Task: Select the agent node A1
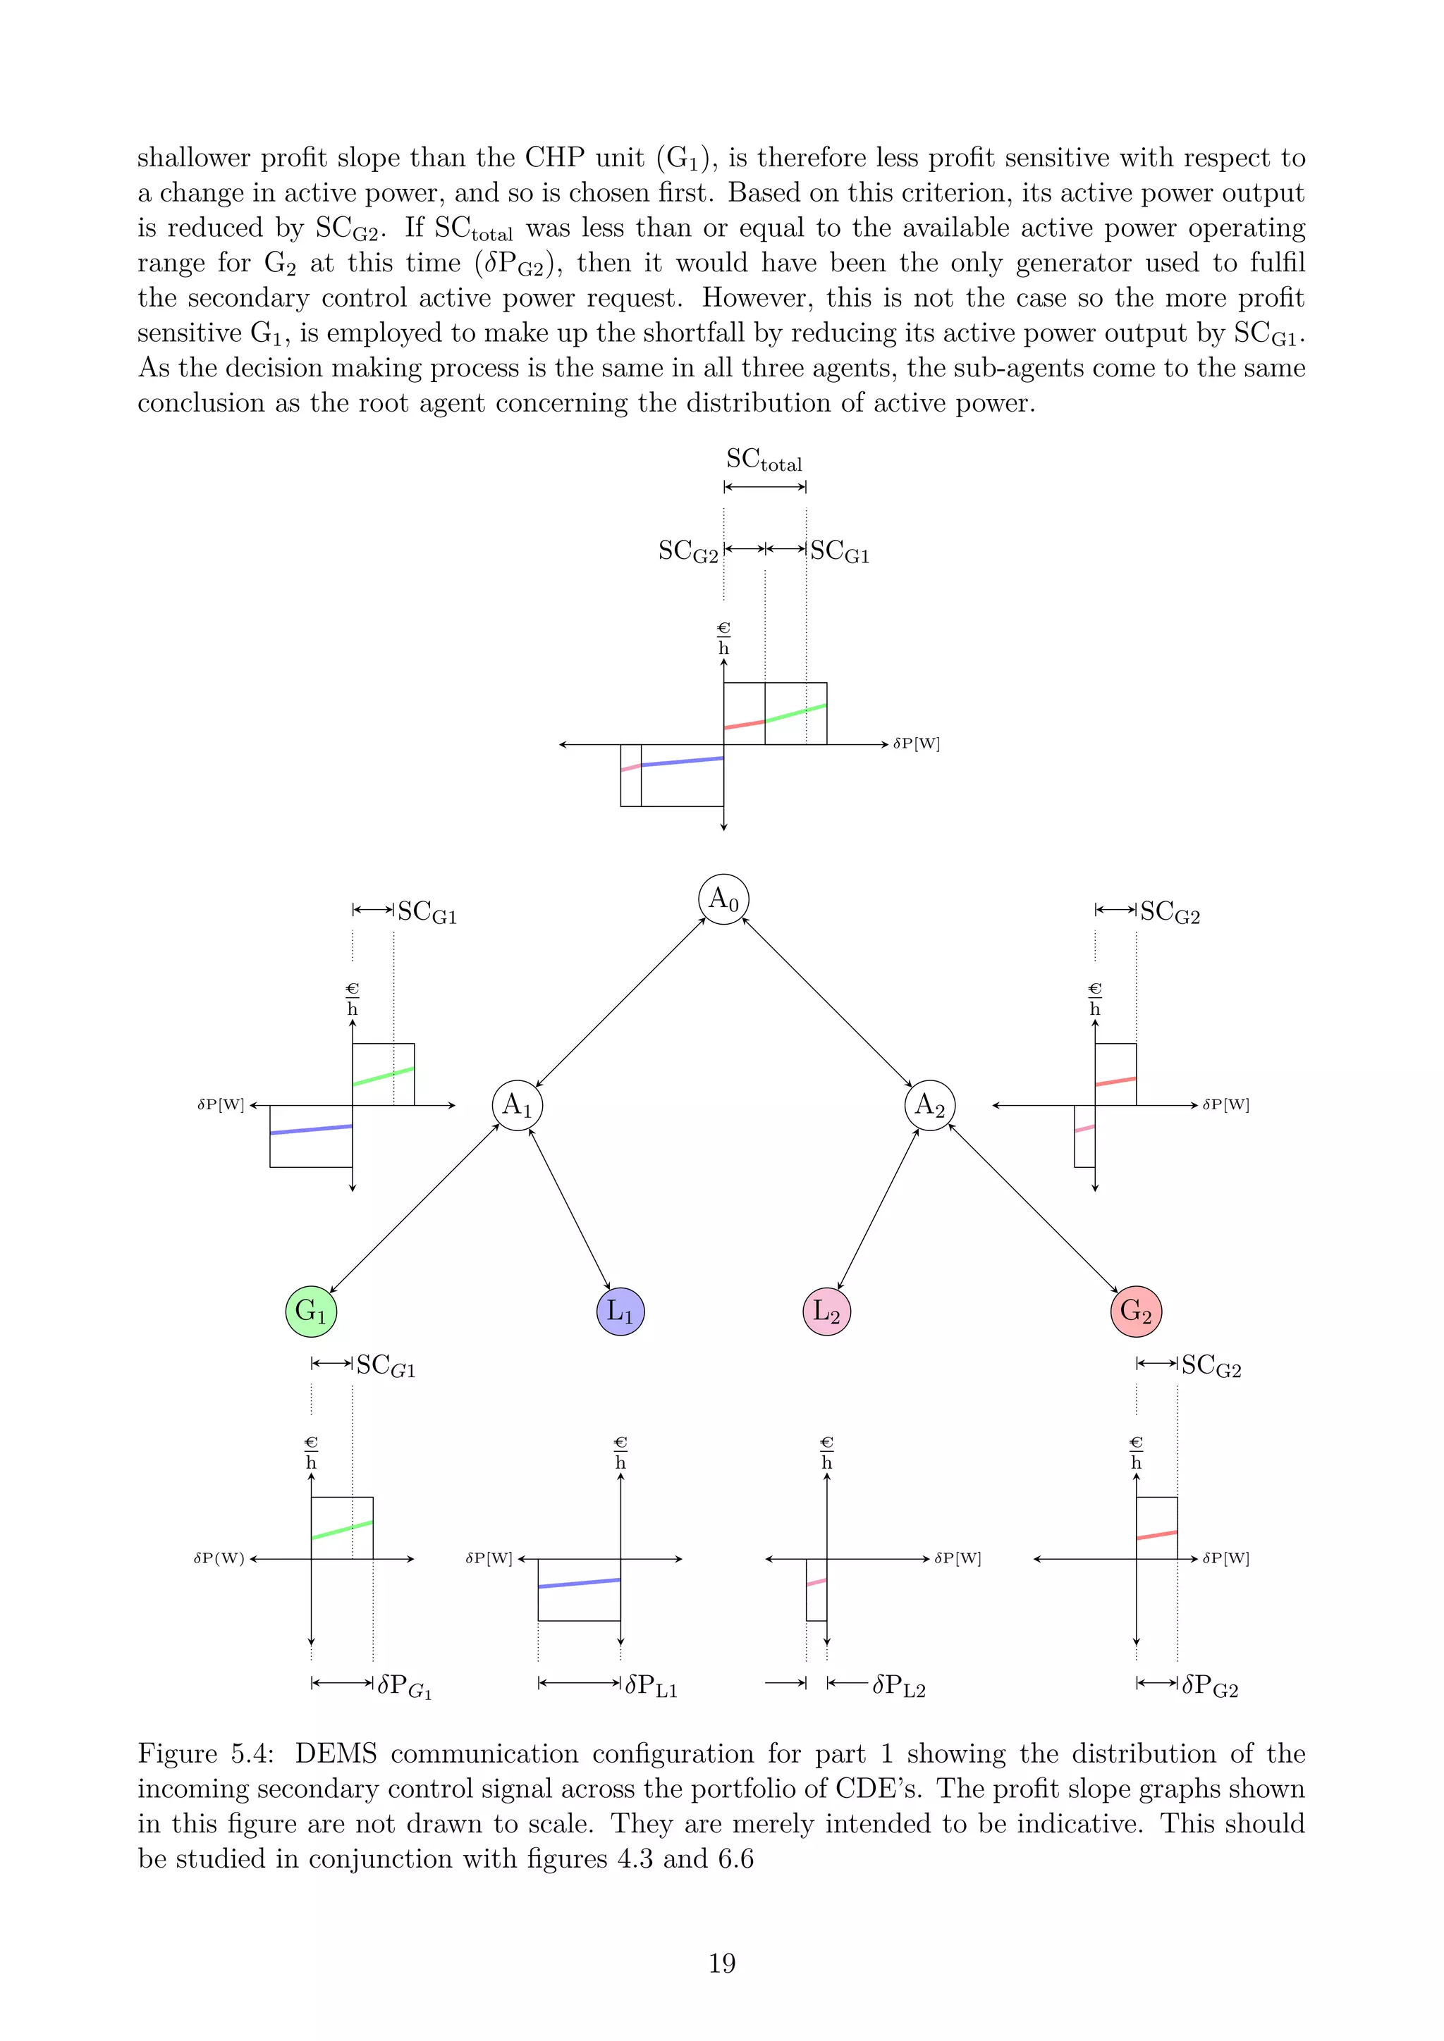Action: coord(518,1105)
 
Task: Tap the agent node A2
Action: coord(930,1105)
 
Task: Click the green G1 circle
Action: coord(311,1311)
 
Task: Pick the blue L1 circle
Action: coord(620,1311)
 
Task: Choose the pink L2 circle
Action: coord(827,1311)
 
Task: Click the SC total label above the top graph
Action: coord(764,460)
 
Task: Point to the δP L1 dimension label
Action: coord(651,1685)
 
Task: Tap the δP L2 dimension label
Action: coord(899,1685)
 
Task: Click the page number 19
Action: coord(722,1963)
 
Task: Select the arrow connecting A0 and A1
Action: coord(620,1002)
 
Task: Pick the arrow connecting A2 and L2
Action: coord(879,1208)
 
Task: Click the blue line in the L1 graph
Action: coord(579,1583)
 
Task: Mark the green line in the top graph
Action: coord(796,713)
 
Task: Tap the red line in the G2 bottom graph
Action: coord(1157,1535)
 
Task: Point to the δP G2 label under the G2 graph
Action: coord(1210,1685)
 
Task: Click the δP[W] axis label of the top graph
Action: coord(917,744)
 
